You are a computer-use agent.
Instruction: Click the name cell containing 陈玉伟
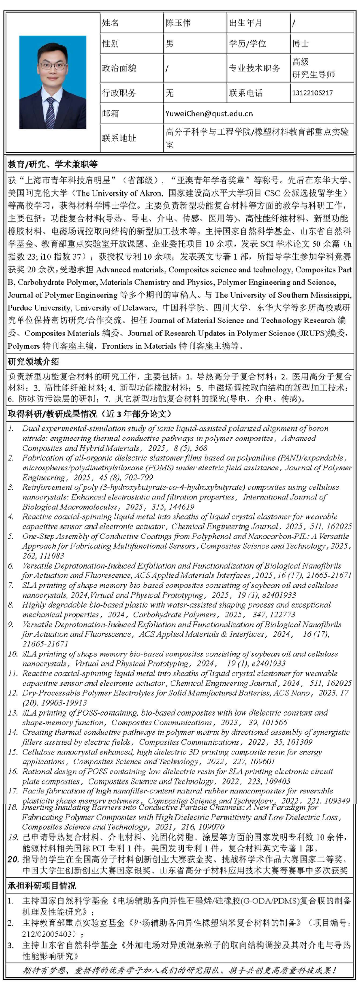point(178,23)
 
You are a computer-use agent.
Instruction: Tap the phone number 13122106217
point(312,93)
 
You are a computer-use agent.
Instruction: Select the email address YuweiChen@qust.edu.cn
point(209,113)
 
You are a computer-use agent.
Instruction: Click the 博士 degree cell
point(300,43)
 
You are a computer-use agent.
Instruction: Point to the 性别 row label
point(110,43)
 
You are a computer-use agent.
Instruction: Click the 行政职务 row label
point(119,93)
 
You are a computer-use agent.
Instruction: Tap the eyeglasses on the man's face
point(53,65)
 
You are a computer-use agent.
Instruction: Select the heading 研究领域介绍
point(34,361)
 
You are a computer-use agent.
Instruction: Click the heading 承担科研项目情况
point(42,885)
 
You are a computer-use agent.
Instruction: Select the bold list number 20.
point(13,859)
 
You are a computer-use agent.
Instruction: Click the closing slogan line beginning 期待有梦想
point(179,970)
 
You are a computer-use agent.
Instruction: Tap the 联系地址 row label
point(119,138)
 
